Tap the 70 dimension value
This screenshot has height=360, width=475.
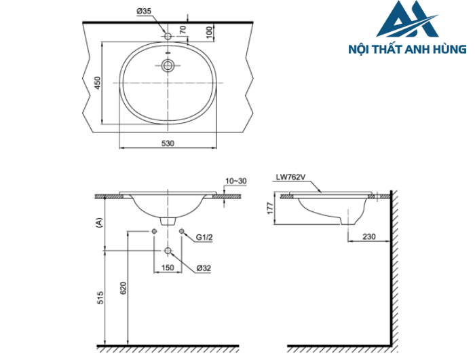(x=182, y=30)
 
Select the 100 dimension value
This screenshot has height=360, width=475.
(x=210, y=31)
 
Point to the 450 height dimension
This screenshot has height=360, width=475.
(x=97, y=83)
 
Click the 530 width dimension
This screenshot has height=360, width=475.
(x=168, y=143)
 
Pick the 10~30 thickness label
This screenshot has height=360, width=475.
(x=236, y=181)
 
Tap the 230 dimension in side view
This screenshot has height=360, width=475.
(x=369, y=236)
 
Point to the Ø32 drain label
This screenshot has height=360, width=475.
(x=206, y=268)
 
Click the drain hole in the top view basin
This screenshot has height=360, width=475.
(x=168, y=66)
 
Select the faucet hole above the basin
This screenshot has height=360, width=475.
(x=168, y=35)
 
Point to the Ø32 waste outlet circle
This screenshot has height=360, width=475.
(x=168, y=251)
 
